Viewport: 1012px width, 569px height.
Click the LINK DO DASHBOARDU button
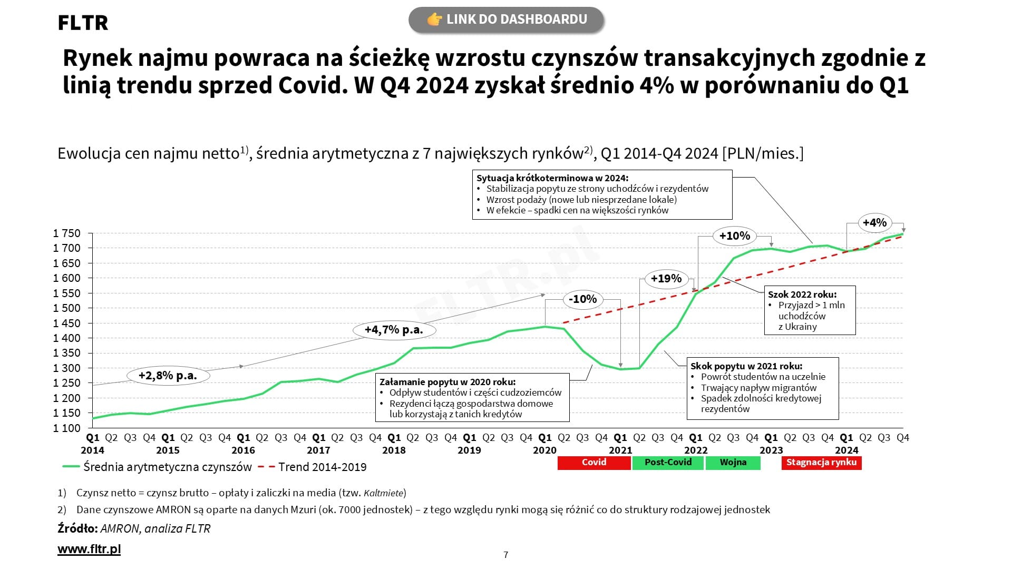coord(506,19)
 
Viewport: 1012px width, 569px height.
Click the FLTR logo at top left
coord(83,23)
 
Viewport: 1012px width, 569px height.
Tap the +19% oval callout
coord(666,278)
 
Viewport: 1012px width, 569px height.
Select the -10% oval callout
coord(582,299)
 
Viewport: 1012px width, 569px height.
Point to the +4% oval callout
coord(874,222)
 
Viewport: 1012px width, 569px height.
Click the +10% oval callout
coord(734,236)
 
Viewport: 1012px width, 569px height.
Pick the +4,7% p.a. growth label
coord(394,330)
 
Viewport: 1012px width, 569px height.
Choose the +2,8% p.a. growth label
coord(168,376)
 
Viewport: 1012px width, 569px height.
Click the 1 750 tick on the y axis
coord(67,233)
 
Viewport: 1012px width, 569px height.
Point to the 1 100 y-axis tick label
coord(67,428)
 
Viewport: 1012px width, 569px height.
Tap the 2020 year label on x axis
coord(544,450)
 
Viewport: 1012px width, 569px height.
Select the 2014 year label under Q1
coord(92,450)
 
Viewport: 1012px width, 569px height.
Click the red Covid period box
coord(594,463)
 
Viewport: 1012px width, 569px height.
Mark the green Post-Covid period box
coord(668,463)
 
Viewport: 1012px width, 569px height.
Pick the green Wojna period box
coord(733,463)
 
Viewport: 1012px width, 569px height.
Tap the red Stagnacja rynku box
coord(821,463)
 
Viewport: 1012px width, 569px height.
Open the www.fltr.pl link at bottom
coord(89,549)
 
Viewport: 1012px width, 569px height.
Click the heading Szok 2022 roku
coord(802,295)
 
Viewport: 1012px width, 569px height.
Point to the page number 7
coord(506,555)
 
